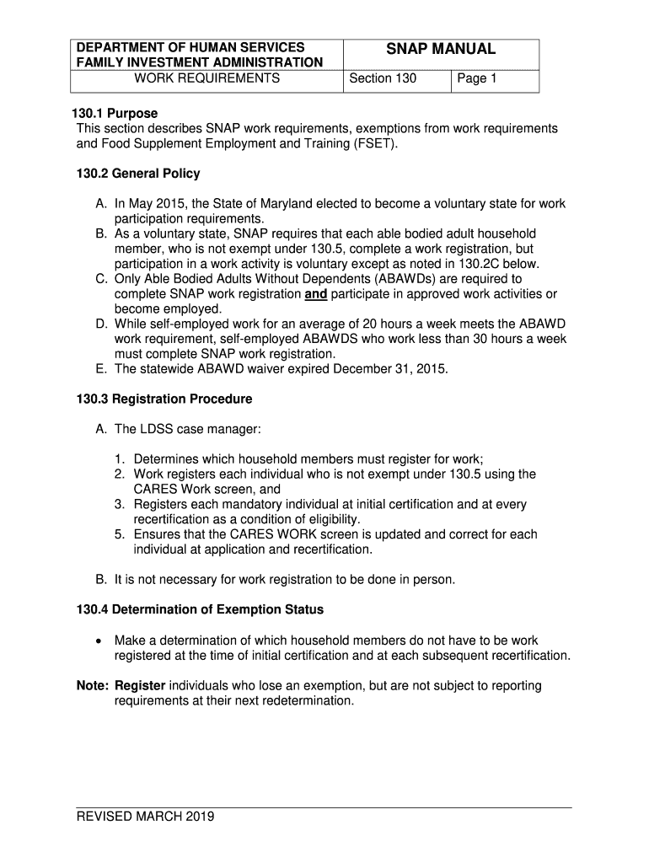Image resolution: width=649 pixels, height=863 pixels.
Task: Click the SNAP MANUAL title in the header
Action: click(x=441, y=50)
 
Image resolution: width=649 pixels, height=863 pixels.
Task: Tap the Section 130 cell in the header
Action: click(x=382, y=79)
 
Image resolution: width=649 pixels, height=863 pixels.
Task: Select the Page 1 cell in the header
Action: click(x=476, y=79)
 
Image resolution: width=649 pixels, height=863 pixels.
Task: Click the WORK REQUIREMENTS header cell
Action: click(x=207, y=79)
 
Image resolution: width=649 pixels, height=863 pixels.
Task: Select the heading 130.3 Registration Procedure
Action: click(x=164, y=399)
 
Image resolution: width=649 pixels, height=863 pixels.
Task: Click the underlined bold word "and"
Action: click(x=315, y=294)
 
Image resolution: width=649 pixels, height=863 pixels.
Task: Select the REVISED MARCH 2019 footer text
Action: click(x=145, y=816)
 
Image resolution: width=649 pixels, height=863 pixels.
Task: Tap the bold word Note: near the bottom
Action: click(x=92, y=686)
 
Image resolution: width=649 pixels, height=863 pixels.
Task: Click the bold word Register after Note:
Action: click(x=140, y=686)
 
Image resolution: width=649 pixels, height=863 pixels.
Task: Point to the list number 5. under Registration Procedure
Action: click(x=121, y=534)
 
